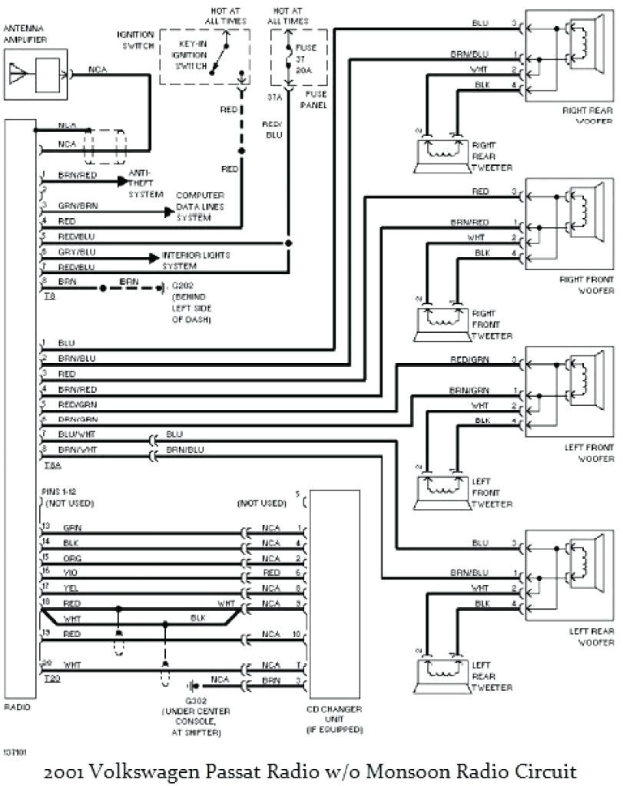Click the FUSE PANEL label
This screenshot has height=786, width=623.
pyautogui.click(x=316, y=99)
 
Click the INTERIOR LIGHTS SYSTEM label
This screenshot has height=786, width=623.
pyautogui.click(x=194, y=260)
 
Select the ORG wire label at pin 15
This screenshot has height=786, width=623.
pyautogui.click(x=71, y=558)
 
